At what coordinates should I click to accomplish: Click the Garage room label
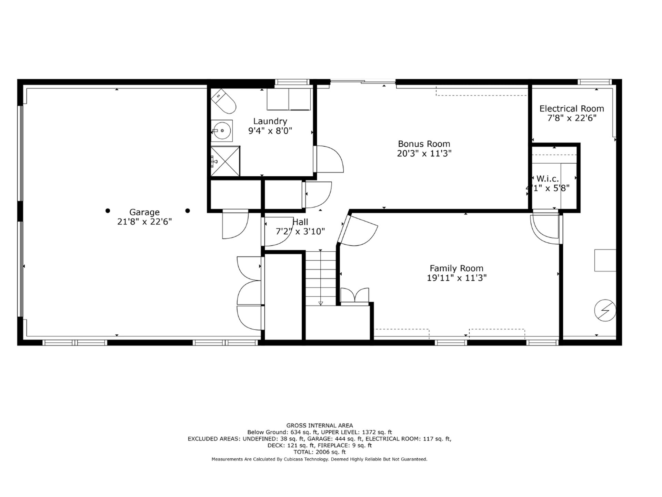point(144,212)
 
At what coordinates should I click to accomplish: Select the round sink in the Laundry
point(222,130)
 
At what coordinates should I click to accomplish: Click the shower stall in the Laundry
point(225,161)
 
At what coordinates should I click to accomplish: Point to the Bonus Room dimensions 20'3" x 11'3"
point(424,154)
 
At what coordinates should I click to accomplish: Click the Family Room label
point(457,268)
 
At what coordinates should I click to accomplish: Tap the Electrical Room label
point(572,109)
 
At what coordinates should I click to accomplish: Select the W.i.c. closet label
point(548,179)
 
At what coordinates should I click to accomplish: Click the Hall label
point(300,222)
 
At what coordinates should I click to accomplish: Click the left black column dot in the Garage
point(108,211)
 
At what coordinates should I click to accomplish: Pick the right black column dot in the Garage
point(188,211)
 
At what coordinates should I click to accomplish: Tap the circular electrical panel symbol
point(605,310)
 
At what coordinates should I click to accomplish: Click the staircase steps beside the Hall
point(321,278)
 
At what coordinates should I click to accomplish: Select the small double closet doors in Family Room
point(355,296)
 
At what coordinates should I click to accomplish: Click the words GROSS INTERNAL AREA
point(320,426)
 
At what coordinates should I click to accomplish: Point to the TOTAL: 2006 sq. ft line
point(320,452)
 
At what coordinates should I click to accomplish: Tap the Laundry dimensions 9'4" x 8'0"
point(270,131)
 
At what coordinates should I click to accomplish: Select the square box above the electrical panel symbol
point(605,260)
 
